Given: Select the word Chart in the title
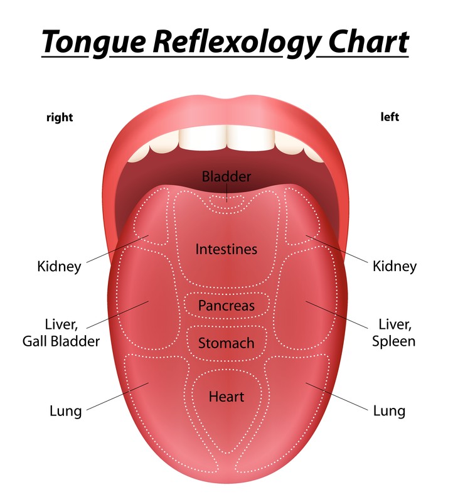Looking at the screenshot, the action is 368,41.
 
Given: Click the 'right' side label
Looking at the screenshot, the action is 60,117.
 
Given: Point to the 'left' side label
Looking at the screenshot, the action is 390,117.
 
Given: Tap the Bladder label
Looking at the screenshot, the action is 226,176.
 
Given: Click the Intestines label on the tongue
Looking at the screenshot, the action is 226,249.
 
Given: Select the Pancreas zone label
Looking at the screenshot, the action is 226,306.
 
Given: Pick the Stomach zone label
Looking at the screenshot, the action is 226,343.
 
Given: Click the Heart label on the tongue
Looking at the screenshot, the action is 226,397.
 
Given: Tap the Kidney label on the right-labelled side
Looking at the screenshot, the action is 59,267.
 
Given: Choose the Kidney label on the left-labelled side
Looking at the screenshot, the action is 395,267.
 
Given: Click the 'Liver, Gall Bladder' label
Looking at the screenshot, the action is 61,333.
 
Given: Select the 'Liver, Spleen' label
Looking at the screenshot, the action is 394,333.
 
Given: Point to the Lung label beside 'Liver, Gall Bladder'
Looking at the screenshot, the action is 66,411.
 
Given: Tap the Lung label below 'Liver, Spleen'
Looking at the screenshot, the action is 389,411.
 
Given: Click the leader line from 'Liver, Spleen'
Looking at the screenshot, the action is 337,315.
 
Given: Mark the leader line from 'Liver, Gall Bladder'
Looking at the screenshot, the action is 117,314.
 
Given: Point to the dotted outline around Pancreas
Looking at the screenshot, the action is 226,292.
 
